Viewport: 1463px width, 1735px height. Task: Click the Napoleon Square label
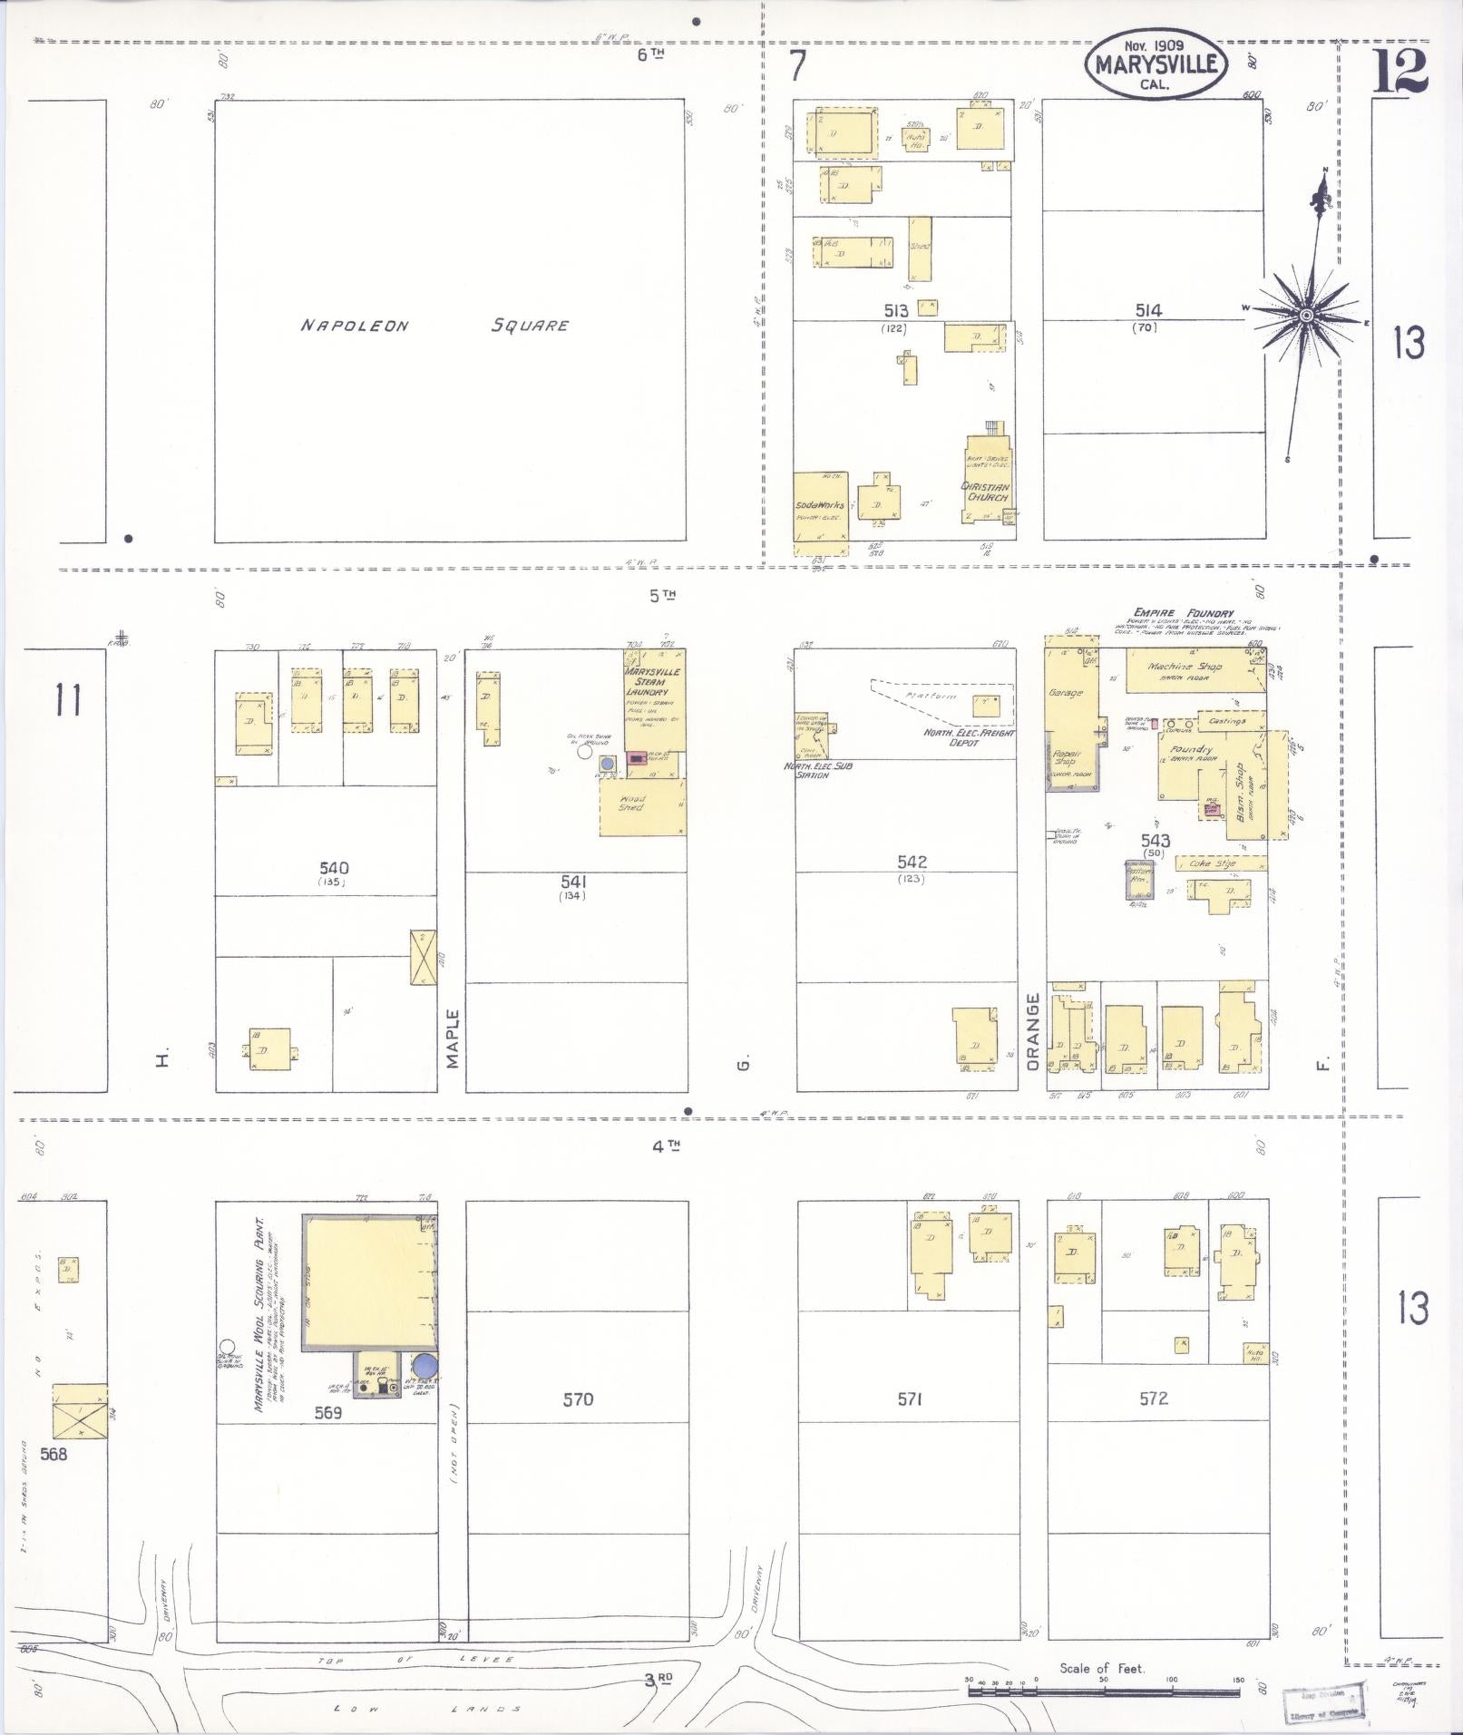point(435,325)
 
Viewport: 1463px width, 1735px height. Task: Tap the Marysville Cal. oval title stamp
point(1156,63)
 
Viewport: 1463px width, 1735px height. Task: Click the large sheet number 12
point(1400,72)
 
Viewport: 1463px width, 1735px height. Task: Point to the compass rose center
point(1306,315)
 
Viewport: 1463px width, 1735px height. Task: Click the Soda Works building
point(821,505)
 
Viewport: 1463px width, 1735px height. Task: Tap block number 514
point(1147,310)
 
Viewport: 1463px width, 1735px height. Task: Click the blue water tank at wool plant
point(424,1364)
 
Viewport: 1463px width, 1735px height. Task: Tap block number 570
point(578,1399)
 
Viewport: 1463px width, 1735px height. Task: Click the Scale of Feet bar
point(1103,1691)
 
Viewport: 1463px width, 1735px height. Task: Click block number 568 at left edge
point(60,1453)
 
